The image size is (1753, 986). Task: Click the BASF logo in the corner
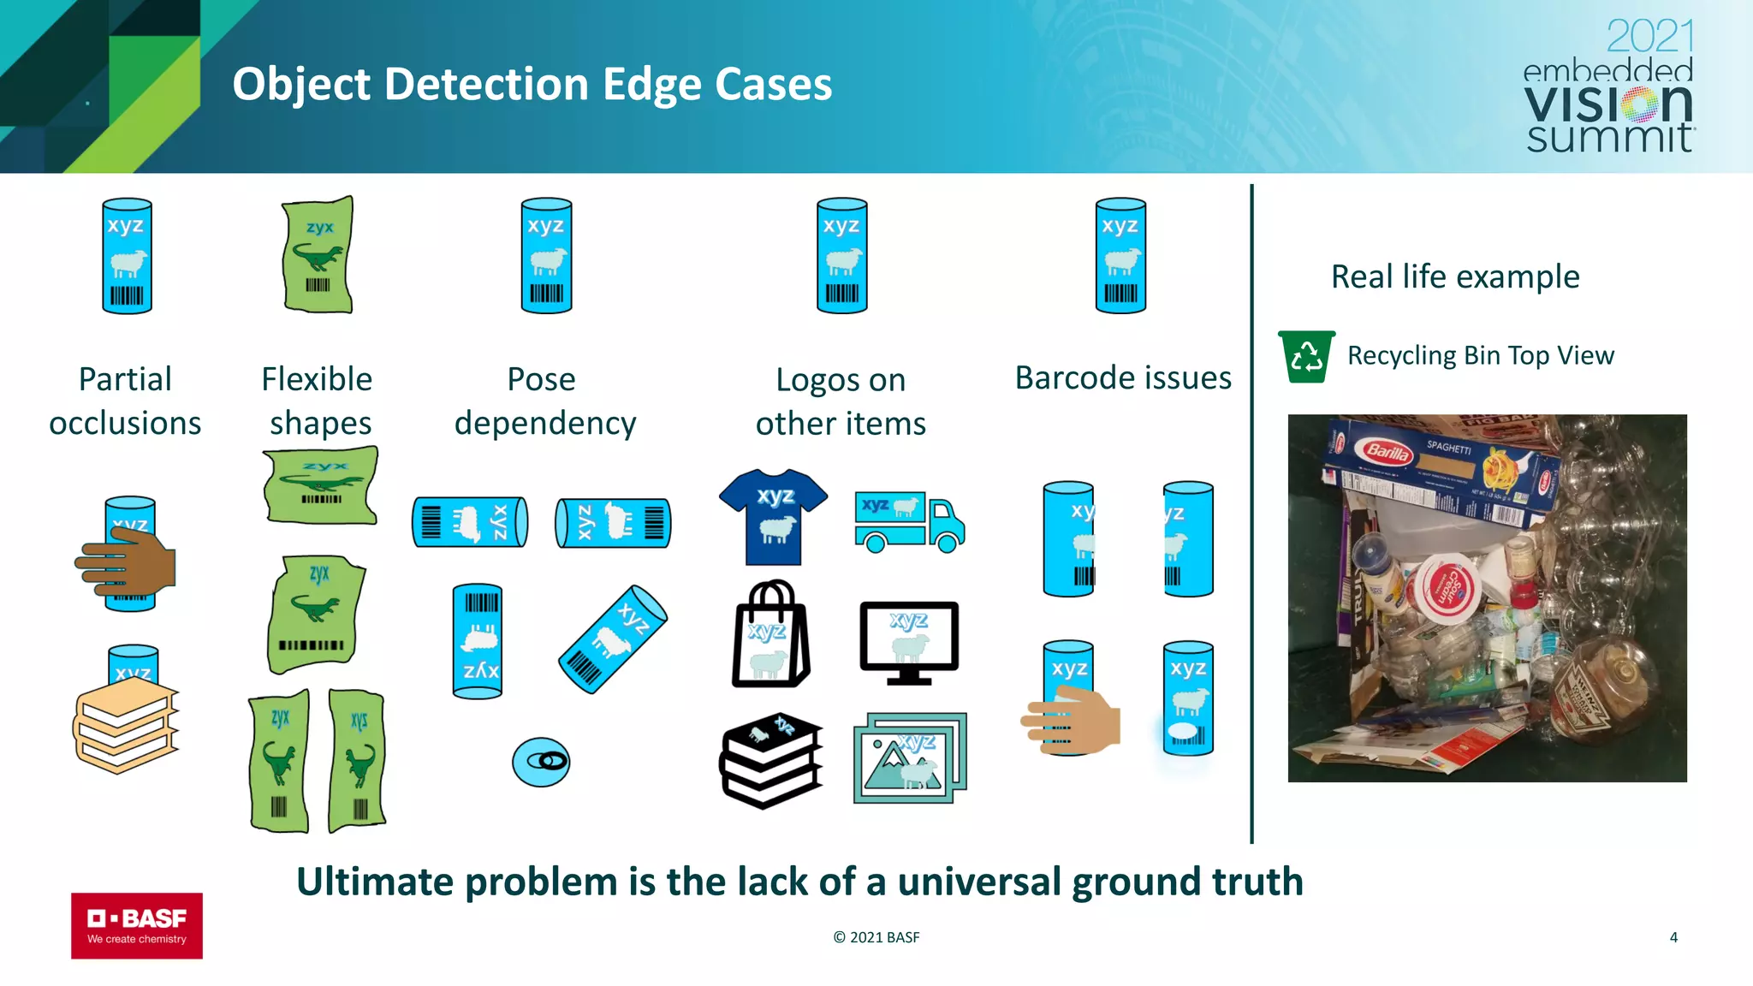pos(137,925)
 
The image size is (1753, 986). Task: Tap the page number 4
pos(1673,937)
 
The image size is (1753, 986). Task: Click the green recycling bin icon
pos(1306,356)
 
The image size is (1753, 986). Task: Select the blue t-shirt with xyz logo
pos(773,516)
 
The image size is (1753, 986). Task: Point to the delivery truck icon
pos(909,521)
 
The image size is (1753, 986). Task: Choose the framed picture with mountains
pos(909,758)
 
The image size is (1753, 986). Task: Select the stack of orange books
pos(127,726)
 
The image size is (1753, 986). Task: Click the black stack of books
pos(770,760)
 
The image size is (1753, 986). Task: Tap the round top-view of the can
pos(541,762)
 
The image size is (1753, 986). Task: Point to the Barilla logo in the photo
pos(1387,451)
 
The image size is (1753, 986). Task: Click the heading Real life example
pos(1455,276)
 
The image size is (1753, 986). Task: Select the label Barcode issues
pos(1123,377)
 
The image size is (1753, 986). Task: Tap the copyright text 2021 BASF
pos(876,937)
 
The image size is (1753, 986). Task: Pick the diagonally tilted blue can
pos(613,639)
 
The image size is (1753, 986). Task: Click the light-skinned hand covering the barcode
pos(1072,722)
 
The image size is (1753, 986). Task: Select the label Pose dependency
pos(544,401)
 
